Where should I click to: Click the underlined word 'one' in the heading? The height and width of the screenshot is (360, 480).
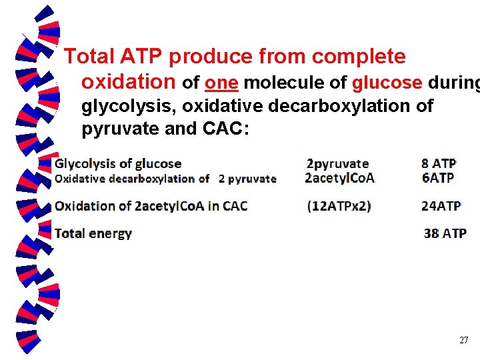(222, 83)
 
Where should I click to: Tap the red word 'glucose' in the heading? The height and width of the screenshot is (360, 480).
(387, 83)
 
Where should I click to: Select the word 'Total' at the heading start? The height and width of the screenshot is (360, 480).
(91, 57)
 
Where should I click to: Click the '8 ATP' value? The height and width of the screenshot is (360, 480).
(439, 163)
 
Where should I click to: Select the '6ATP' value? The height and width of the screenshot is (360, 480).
(437, 178)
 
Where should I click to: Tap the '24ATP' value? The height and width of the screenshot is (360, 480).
(441, 206)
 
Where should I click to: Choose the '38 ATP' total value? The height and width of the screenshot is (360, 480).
(445, 233)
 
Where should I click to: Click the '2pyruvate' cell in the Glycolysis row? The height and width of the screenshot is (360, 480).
(337, 163)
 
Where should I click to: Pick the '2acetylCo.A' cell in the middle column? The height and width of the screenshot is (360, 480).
(339, 178)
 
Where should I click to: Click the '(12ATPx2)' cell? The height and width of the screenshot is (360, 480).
(339, 206)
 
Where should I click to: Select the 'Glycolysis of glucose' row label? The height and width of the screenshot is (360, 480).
(118, 163)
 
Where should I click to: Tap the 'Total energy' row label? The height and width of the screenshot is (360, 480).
(93, 233)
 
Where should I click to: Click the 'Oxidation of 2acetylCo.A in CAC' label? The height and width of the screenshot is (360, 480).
(151, 206)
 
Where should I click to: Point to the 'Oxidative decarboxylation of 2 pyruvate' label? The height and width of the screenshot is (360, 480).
(165, 178)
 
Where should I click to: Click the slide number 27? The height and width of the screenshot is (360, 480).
(464, 341)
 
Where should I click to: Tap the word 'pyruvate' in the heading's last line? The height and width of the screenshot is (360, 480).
(120, 128)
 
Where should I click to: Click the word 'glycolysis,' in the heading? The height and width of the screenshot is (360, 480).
(129, 106)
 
